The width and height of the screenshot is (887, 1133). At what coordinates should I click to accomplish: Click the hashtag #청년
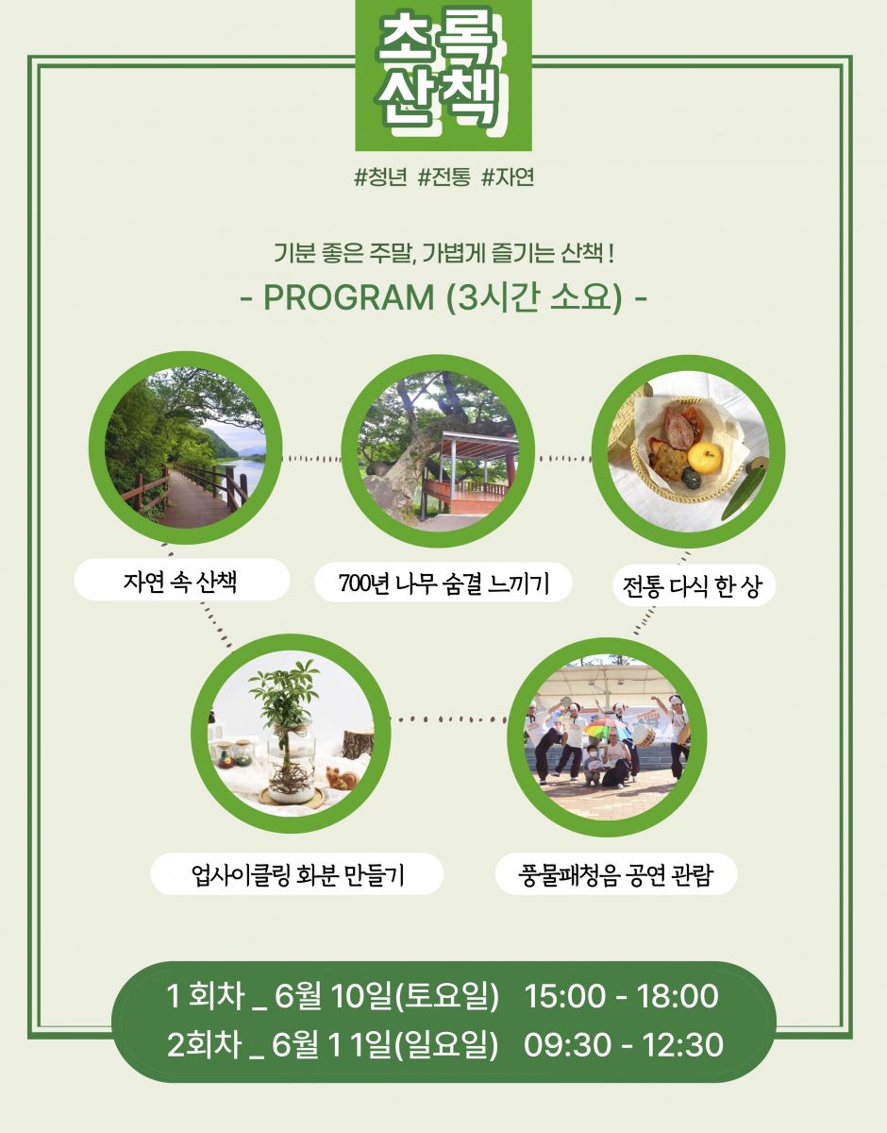[x=380, y=178]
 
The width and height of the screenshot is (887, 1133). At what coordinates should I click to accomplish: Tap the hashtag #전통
[x=444, y=178]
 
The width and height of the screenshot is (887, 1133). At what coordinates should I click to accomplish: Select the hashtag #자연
[x=508, y=178]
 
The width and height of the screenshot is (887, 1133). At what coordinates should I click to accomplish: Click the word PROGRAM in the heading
[x=349, y=297]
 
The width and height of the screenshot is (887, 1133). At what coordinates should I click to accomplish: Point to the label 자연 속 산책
[x=180, y=581]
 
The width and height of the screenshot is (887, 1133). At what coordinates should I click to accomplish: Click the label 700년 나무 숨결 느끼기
[x=443, y=583]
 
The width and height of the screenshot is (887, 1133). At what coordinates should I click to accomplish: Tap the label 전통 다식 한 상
[x=693, y=586]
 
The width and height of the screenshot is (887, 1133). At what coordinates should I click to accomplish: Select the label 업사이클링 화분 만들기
[x=297, y=874]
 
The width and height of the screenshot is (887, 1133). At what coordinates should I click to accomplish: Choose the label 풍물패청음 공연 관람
[x=615, y=874]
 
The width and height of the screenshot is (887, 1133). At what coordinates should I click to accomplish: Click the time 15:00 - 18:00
[x=621, y=996]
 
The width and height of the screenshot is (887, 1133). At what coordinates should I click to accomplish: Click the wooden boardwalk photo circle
[x=186, y=448]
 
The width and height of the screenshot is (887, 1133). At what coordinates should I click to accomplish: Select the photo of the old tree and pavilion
[x=438, y=451]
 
